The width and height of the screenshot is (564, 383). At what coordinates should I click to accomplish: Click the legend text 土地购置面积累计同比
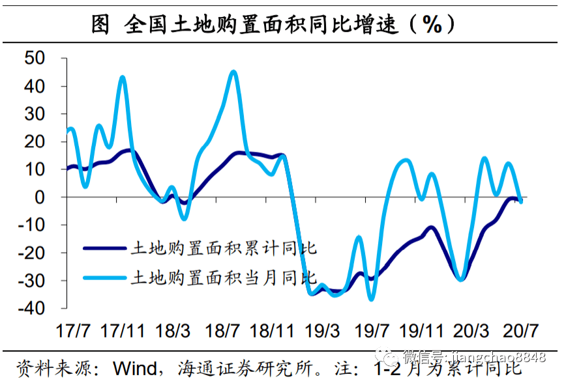point(224,248)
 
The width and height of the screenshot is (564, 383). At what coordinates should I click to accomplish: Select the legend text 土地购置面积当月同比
point(224,277)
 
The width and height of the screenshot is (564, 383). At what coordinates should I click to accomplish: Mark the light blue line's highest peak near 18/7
point(233,72)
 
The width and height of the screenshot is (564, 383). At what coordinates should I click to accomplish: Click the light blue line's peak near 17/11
point(123,77)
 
